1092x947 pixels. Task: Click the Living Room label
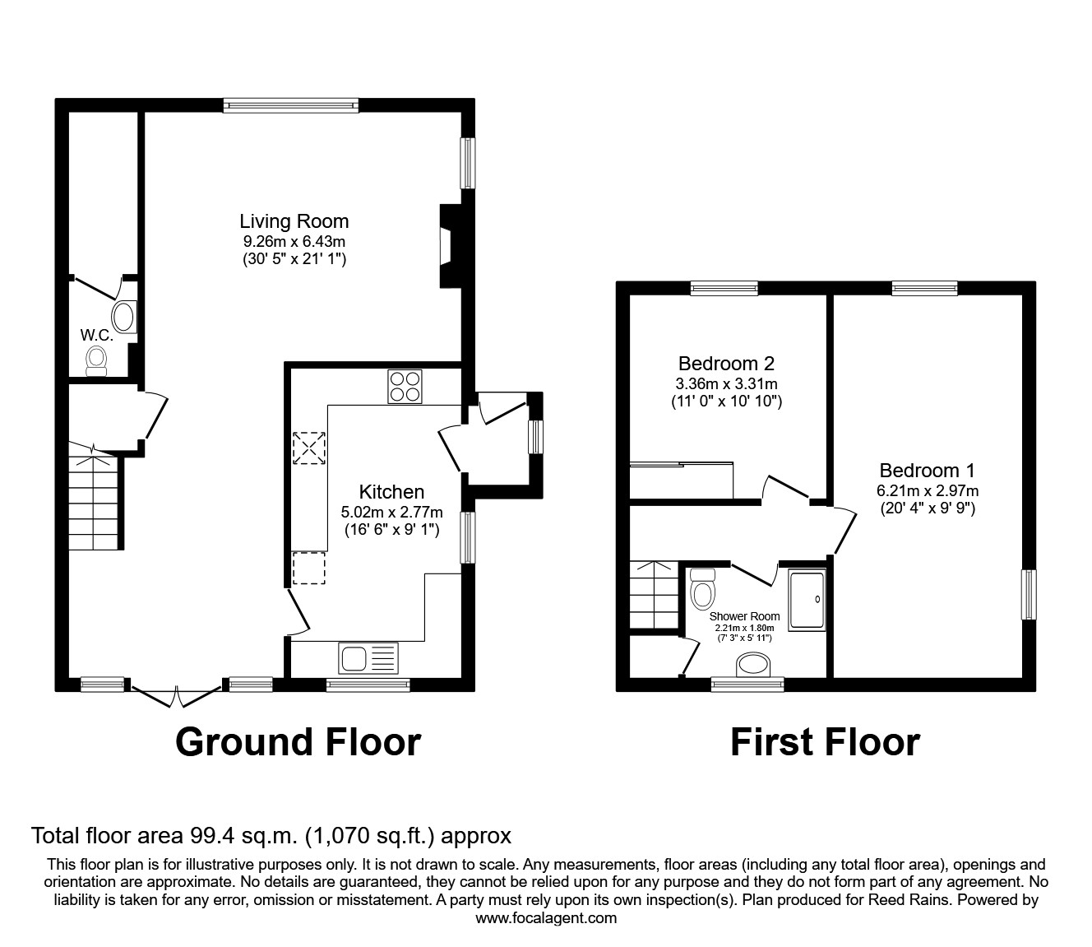point(294,221)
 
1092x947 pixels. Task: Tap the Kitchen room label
point(392,492)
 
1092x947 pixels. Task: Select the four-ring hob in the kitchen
point(405,387)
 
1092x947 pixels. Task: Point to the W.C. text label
point(96,335)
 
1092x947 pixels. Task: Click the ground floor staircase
point(95,502)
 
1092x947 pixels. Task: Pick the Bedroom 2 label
point(726,363)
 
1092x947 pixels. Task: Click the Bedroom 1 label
point(927,471)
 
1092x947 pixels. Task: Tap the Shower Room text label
point(744,616)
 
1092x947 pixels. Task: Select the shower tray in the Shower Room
point(807,601)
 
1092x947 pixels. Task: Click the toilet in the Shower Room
point(703,590)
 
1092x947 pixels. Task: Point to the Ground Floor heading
point(298,742)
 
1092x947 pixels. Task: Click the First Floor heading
point(825,742)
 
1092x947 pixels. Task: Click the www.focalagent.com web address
point(546,918)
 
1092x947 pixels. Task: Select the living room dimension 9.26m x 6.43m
point(294,242)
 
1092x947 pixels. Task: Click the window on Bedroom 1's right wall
point(1029,595)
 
